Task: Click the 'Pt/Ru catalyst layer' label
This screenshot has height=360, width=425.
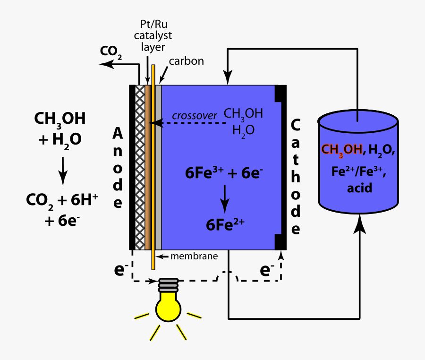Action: (x=152, y=36)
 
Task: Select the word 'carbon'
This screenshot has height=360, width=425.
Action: (x=187, y=61)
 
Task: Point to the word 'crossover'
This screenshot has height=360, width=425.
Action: (x=195, y=116)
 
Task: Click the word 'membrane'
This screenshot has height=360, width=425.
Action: (x=194, y=257)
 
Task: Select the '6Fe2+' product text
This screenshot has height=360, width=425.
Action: (x=225, y=224)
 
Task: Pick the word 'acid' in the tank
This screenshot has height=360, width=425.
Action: (x=360, y=188)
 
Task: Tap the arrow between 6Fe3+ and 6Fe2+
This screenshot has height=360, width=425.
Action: (x=225, y=198)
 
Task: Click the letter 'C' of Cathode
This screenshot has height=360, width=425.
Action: (x=295, y=125)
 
